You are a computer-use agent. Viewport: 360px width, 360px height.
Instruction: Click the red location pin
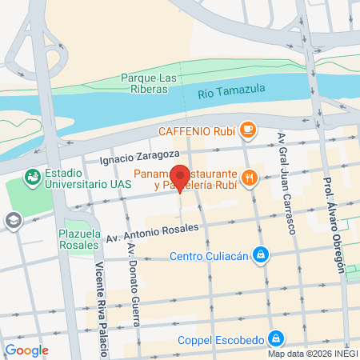180,177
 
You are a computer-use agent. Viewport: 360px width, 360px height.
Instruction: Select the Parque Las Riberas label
146,83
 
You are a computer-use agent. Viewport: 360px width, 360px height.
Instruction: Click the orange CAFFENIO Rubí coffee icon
249,129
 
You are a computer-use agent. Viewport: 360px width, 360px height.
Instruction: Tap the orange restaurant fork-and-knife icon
250,178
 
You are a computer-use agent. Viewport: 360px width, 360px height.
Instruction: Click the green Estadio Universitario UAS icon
33,176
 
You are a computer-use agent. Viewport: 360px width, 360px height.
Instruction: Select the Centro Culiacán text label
210,257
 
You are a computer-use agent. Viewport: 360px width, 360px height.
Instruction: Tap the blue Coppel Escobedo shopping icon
275,338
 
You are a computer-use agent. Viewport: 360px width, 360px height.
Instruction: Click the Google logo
26,350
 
